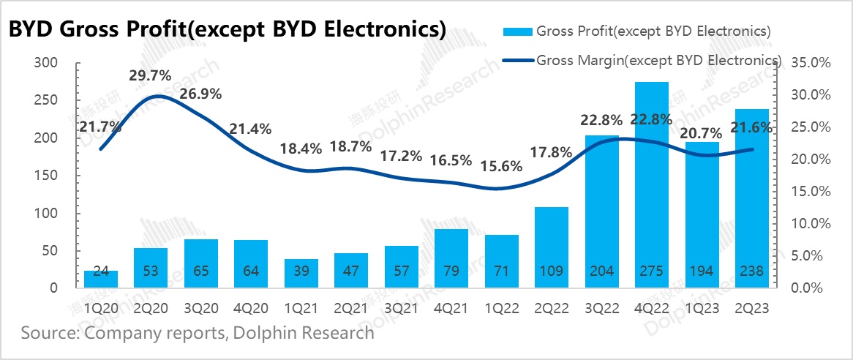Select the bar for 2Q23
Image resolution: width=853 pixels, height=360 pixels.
click(751, 198)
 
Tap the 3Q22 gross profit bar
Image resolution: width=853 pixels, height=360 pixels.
click(601, 211)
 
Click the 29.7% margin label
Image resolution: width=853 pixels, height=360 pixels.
click(151, 75)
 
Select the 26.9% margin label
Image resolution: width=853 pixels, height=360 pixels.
click(202, 94)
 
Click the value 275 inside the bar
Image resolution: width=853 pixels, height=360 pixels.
click(651, 271)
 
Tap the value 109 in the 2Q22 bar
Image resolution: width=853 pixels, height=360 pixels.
click(551, 271)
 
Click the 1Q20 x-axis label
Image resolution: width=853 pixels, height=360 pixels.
click(101, 308)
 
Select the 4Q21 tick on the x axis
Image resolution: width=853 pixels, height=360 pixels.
click(451, 308)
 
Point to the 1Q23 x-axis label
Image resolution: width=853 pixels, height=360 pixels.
click(702, 308)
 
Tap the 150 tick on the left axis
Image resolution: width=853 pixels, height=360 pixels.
click(46, 176)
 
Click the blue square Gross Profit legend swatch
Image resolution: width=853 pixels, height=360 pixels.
click(516, 31)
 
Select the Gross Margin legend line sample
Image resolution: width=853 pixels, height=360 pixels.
click(516, 59)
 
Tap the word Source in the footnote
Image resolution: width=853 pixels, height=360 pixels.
click(49, 334)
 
